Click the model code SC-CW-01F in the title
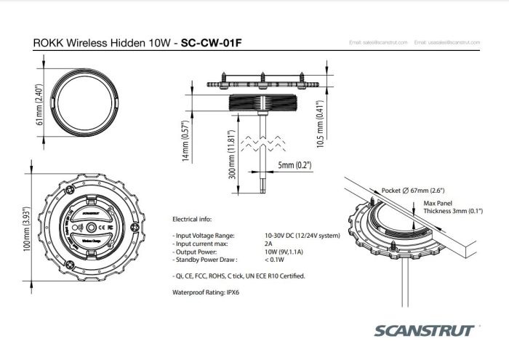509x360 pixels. tap(212, 43)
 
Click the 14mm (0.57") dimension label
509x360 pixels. tap(185, 140)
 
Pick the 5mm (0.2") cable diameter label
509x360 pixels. tap(294, 166)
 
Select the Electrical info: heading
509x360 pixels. tap(191, 218)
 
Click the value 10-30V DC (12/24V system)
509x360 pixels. tap(303, 236)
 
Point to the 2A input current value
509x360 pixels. tap(269, 244)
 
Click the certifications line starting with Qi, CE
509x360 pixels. tap(238, 276)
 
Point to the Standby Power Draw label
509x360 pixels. tap(205, 258)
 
